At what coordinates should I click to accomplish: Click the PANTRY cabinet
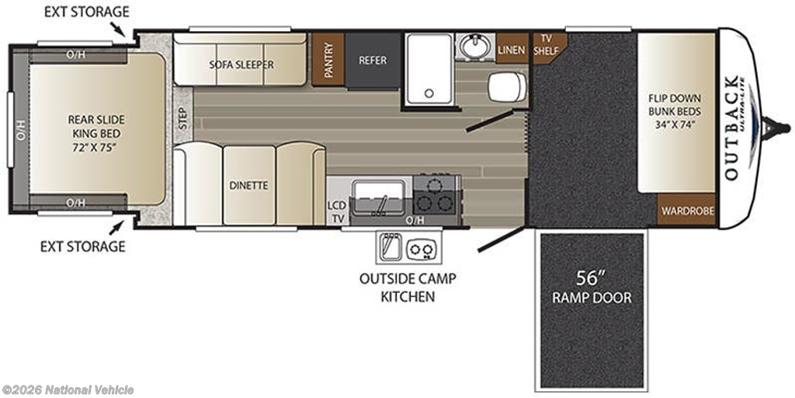tap(328, 59)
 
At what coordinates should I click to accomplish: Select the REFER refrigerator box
tap(373, 61)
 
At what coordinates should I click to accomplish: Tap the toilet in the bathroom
tap(508, 86)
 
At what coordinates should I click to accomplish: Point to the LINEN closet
tap(512, 49)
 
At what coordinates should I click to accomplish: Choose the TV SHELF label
tap(546, 45)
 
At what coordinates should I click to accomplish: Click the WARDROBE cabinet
tap(686, 211)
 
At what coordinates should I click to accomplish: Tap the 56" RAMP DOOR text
tap(592, 288)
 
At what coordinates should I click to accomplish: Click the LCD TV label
tap(337, 213)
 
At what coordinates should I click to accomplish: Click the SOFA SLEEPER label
tap(241, 65)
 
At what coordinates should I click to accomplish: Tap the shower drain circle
tap(429, 93)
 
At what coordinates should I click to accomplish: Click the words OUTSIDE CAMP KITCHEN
tap(408, 288)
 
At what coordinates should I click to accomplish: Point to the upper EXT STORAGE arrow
tap(119, 30)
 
